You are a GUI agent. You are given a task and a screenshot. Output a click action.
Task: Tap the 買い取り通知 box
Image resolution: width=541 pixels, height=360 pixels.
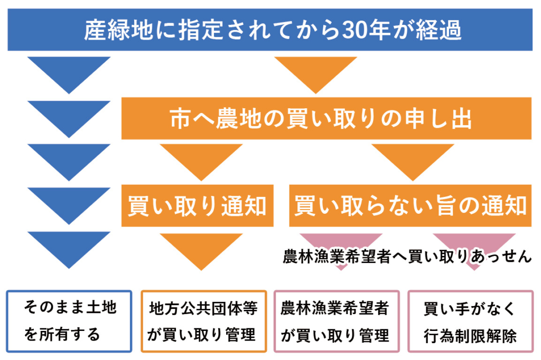(197, 205)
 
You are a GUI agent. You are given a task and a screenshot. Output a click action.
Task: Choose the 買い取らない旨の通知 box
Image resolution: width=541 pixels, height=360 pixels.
(410, 205)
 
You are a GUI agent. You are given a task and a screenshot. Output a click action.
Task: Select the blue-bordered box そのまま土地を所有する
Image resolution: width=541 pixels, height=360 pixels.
(70, 321)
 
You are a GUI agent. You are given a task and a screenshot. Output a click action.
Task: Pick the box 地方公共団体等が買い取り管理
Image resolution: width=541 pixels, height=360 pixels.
(203, 321)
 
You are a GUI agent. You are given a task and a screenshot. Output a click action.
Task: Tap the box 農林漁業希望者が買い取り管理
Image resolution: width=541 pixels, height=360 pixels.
(337, 321)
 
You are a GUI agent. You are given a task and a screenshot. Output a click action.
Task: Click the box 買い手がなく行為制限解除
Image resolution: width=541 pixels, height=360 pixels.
(470, 321)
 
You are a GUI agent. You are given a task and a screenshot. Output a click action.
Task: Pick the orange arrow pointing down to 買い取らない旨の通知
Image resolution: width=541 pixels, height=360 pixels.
(413, 160)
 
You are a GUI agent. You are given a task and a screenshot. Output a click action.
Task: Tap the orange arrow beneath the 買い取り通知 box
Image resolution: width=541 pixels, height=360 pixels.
(201, 248)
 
